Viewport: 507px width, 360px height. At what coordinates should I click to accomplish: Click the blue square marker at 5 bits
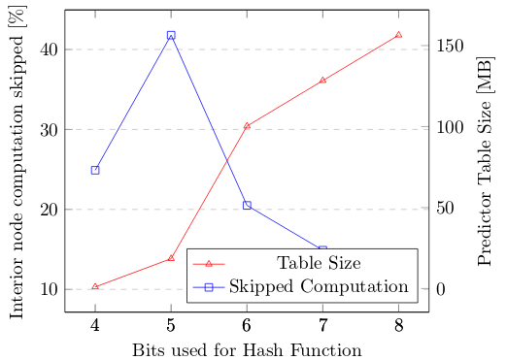click(x=171, y=35)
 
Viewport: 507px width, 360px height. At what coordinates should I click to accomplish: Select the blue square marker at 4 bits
click(x=95, y=170)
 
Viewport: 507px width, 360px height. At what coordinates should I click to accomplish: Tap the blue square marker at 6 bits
click(x=247, y=205)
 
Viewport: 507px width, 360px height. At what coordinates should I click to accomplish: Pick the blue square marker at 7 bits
click(x=322, y=250)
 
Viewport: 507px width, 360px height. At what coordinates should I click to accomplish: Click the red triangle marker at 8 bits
click(x=398, y=35)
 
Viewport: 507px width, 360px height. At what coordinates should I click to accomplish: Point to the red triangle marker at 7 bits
click(x=322, y=80)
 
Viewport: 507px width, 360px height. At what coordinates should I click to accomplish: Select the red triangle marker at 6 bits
click(x=247, y=125)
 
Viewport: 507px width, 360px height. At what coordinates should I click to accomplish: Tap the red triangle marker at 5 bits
click(x=171, y=258)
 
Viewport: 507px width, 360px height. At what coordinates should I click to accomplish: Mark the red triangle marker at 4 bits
click(x=95, y=286)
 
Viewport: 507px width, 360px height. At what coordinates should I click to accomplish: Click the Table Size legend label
click(x=320, y=263)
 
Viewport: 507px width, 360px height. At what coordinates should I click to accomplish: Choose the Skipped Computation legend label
click(x=320, y=286)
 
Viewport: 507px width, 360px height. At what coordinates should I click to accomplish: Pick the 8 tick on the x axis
click(x=398, y=324)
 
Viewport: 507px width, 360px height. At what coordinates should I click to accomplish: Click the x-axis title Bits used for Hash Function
click(x=247, y=349)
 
